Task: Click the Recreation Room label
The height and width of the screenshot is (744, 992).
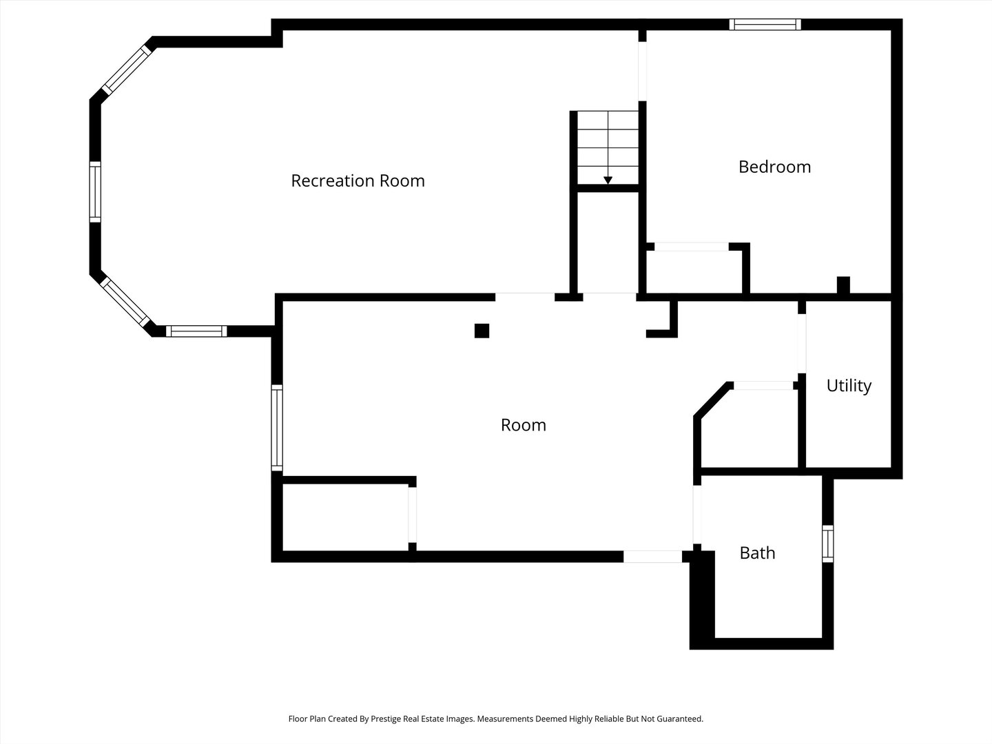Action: point(358,180)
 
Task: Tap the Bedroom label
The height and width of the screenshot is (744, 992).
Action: point(774,167)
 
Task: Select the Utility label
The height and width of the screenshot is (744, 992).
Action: point(849,386)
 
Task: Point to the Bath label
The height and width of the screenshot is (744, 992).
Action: point(758,553)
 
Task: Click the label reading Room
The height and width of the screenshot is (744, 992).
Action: point(524,425)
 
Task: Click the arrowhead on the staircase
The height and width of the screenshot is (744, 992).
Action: point(608,180)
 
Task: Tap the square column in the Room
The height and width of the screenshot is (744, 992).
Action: point(482,331)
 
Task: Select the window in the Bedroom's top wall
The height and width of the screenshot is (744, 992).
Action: point(765,24)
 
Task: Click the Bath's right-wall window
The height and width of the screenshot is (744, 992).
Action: point(827,544)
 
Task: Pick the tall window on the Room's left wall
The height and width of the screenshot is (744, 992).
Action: point(277,428)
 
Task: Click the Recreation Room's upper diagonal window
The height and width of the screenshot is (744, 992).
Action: point(127,70)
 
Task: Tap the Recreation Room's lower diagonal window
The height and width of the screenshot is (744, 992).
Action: point(125,302)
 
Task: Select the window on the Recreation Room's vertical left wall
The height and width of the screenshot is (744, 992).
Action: point(95,192)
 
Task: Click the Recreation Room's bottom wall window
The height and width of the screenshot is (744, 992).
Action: point(196,331)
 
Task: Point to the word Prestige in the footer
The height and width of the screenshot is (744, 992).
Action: point(386,719)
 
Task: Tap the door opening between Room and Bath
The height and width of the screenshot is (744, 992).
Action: point(697,515)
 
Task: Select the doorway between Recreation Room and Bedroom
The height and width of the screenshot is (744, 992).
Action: point(642,72)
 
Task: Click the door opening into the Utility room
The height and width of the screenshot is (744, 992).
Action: point(802,343)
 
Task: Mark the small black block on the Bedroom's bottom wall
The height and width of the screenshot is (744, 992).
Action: point(843,285)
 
